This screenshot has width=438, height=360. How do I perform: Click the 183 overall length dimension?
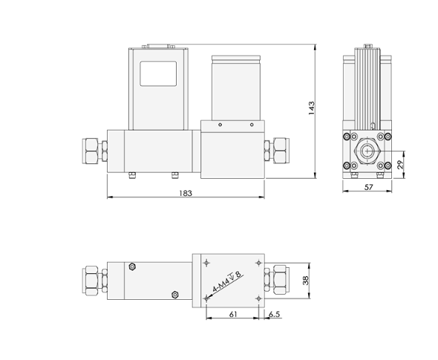[186, 193]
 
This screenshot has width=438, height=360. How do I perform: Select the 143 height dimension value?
[312, 109]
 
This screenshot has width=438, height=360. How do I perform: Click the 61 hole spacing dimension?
[232, 314]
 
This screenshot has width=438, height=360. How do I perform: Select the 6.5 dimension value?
[274, 314]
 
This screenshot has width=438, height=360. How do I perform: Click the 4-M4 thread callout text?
[227, 284]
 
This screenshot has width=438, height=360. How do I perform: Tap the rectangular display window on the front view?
[159, 74]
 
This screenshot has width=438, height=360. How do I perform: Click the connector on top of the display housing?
[157, 46]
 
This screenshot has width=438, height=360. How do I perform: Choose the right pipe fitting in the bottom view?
[281, 280]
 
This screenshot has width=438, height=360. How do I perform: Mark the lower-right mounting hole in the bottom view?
[258, 299]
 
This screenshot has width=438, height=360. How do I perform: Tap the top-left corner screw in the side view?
[347, 137]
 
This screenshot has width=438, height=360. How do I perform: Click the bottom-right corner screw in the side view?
[384, 166]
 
